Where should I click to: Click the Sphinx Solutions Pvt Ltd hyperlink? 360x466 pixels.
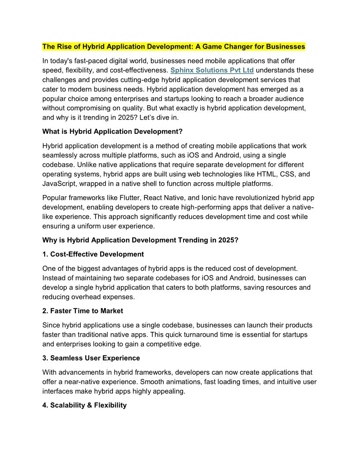click(212, 70)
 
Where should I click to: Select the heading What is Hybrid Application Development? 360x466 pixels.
click(112, 132)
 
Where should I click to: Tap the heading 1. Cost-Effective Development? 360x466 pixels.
click(93, 254)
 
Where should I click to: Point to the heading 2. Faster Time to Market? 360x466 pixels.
click(82, 311)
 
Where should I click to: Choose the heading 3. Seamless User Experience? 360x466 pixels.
click(91, 358)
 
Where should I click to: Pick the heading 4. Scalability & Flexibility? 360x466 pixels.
click(84, 405)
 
